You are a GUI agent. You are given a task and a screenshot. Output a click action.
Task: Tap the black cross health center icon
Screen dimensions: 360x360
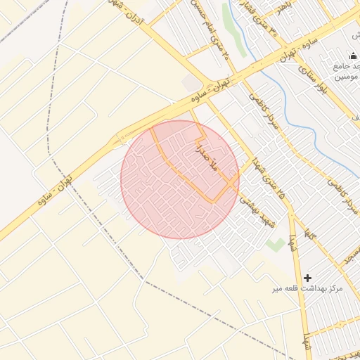pos(307,278)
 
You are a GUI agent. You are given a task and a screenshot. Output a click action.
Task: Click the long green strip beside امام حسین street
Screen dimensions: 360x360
pos(235,32)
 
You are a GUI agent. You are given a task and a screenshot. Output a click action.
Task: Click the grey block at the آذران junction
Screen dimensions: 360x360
pos(191,84)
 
